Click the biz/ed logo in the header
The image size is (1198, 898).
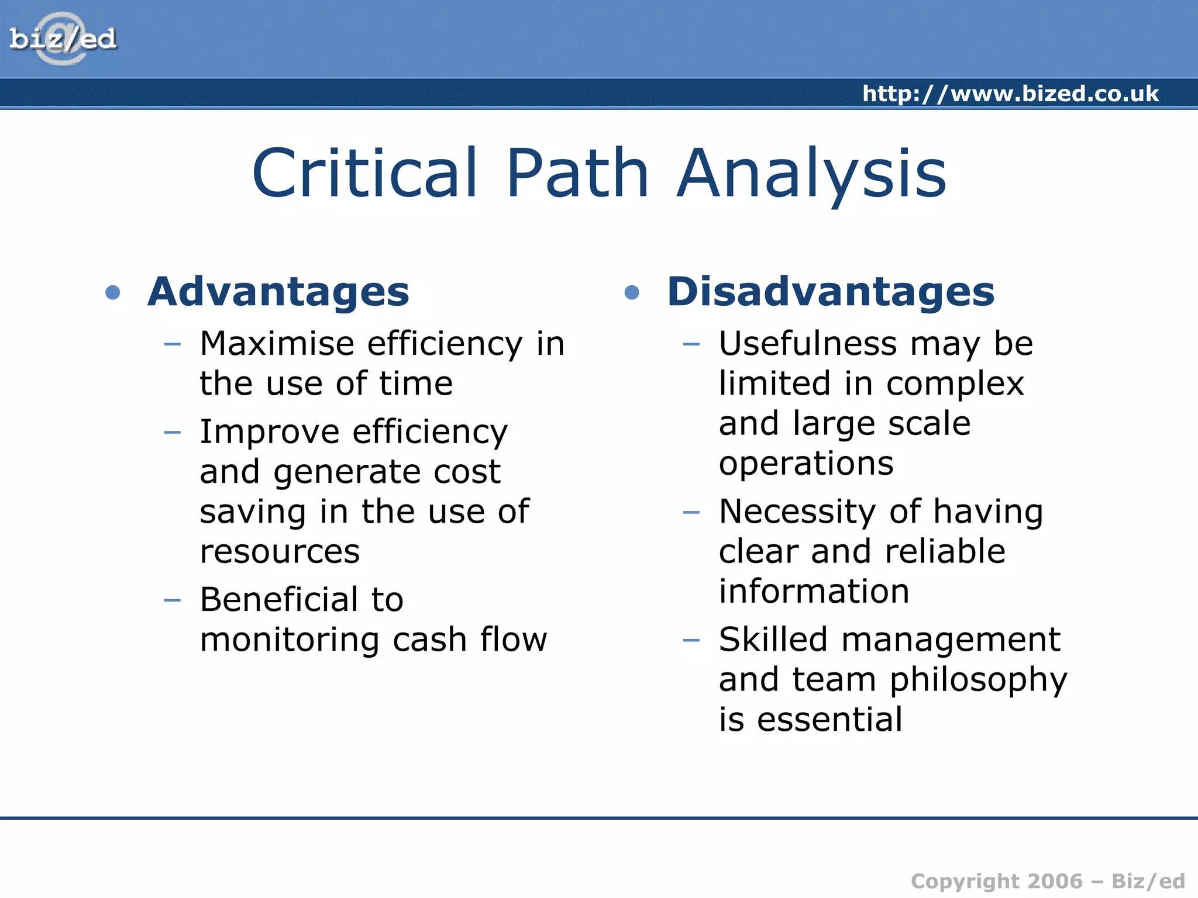pyautogui.click(x=63, y=39)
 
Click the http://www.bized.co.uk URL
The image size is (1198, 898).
pyautogui.click(x=1010, y=94)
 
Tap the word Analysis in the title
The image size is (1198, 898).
pyautogui.click(x=811, y=174)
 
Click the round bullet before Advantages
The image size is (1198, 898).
pyautogui.click(x=113, y=292)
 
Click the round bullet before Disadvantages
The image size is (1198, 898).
pyautogui.click(x=632, y=292)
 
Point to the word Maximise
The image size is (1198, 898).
pyautogui.click(x=276, y=343)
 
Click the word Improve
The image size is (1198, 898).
pyautogui.click(x=270, y=432)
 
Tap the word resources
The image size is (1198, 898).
pyautogui.click(x=280, y=552)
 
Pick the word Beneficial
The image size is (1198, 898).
pyautogui.click(x=278, y=600)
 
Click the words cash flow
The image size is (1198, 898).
pyautogui.click(x=470, y=640)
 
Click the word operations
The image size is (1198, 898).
pyautogui.click(x=806, y=464)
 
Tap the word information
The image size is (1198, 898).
pyautogui.click(x=814, y=592)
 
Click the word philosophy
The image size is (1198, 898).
pyautogui.click(x=979, y=681)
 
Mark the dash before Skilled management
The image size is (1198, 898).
pyautogui.click(x=691, y=640)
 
